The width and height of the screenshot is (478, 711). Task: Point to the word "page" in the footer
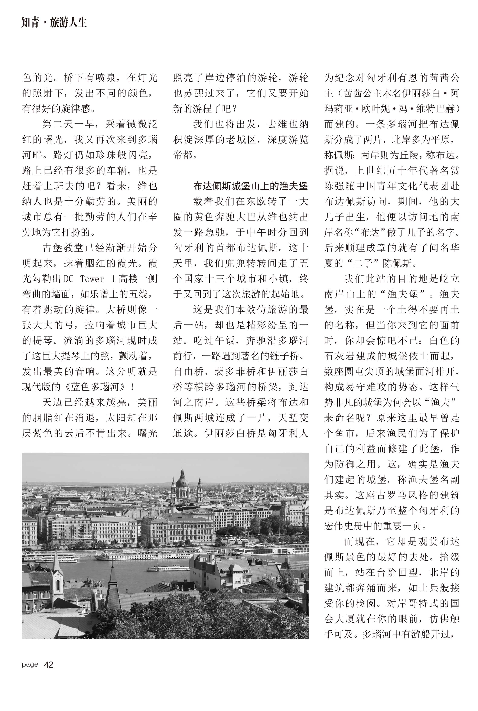(30, 664)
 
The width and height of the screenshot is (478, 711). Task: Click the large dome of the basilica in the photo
(182, 481)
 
